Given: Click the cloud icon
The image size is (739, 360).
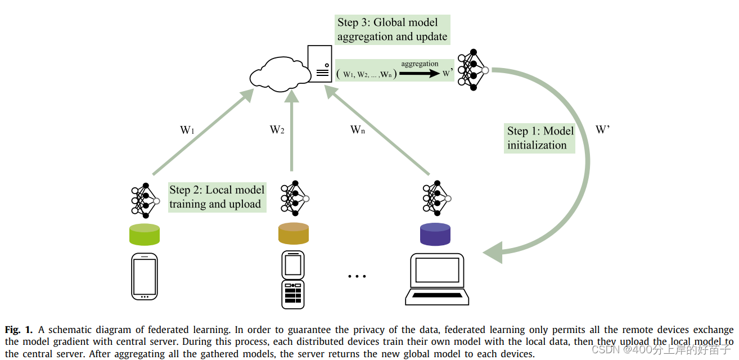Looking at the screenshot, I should click(280, 74).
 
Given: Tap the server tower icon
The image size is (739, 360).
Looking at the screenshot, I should click(319, 64).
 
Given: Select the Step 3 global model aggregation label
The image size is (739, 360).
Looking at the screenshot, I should click(392, 30).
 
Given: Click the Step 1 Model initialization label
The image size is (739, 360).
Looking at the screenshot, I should click(540, 138).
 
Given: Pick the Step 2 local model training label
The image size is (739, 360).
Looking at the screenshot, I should click(217, 197).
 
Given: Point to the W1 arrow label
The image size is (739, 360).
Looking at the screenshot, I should click(187, 130).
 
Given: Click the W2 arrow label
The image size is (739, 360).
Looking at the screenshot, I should click(277, 130).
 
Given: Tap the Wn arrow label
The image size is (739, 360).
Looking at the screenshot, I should click(358, 130).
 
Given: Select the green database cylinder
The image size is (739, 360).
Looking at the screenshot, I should click(145, 234).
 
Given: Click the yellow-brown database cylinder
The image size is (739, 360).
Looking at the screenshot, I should click(294, 233).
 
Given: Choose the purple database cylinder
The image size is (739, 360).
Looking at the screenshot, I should click(435, 234).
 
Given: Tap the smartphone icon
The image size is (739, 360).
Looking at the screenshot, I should click(145, 276).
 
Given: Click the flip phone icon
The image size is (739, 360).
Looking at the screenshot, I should click(292, 280).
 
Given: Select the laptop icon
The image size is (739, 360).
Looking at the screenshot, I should click(437, 280).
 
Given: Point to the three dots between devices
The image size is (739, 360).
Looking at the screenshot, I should click(357, 276).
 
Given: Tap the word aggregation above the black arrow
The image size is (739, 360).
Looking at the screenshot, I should click(420, 64).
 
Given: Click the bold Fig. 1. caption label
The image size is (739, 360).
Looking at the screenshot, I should click(19, 330).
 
